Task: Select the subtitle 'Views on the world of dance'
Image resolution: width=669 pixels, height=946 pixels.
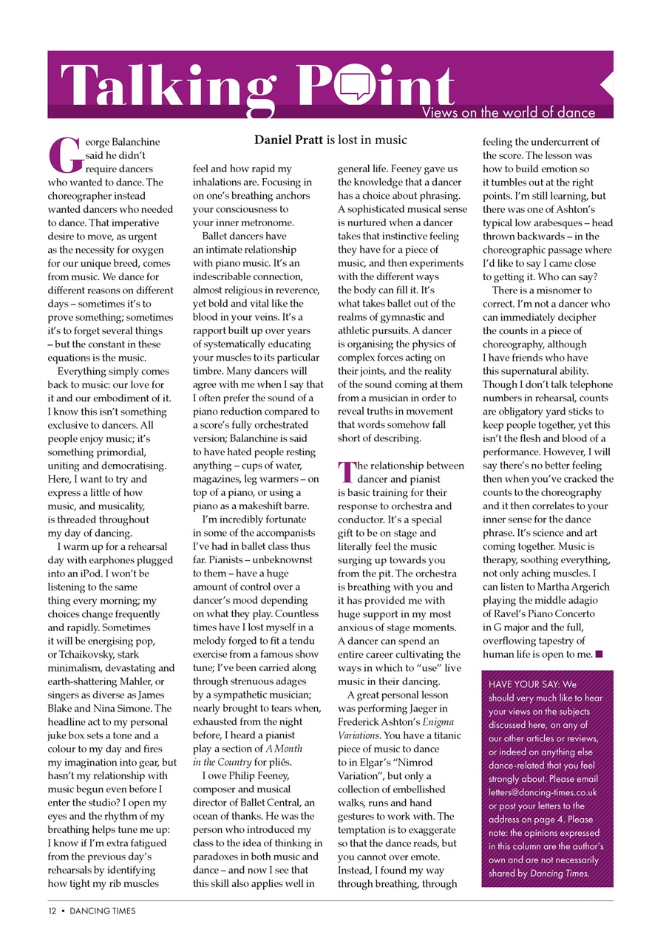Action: pos(508,112)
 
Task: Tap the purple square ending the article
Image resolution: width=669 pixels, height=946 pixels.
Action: pos(600,653)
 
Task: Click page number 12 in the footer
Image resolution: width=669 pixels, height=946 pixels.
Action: pos(52,911)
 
